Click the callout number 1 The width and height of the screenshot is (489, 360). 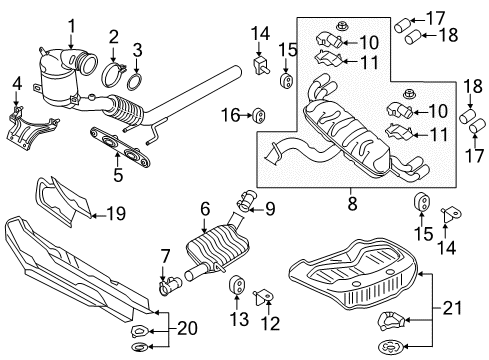(72, 29)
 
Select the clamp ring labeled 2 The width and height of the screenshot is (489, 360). (113, 75)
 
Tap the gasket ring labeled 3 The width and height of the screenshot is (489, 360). (135, 82)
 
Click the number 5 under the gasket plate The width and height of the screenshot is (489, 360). (118, 174)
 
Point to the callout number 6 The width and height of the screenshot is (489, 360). (205, 209)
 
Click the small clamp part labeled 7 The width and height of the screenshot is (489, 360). (171, 285)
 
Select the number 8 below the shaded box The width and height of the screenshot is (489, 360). (352, 203)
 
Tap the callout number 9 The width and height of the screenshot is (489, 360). (270, 209)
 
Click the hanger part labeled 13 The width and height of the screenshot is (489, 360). (236, 285)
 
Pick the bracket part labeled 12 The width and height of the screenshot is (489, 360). (264, 297)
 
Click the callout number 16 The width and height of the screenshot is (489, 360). (230, 115)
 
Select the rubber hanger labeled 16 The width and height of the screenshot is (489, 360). (259, 115)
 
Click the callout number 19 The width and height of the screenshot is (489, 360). (116, 213)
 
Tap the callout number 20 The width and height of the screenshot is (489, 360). (187, 328)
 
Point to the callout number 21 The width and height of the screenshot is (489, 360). (452, 308)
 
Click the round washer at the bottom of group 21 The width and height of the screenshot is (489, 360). (392, 347)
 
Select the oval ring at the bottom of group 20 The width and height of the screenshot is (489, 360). (141, 348)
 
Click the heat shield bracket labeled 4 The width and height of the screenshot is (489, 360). (31, 128)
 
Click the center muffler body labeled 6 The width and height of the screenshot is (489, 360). (218, 248)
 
